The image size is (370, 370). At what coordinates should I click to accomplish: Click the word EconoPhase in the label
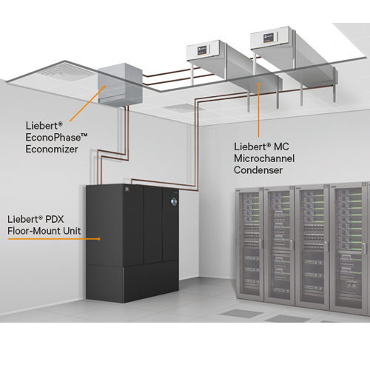[x=53, y=138]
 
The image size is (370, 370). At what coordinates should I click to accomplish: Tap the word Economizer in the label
[x=52, y=149]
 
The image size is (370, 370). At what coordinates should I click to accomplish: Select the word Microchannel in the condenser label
[x=264, y=158]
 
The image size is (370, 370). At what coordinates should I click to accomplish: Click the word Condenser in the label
[x=258, y=170]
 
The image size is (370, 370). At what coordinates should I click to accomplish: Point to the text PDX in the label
[x=55, y=219]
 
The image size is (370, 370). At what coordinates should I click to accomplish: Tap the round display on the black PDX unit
[x=174, y=201]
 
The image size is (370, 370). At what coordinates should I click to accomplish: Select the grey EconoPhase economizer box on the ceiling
[x=120, y=84]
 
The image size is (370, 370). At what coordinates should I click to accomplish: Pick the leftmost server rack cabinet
[x=249, y=243]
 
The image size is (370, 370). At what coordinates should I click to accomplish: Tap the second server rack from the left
[x=280, y=246]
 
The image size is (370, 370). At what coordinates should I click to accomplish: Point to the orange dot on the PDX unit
[x=99, y=239]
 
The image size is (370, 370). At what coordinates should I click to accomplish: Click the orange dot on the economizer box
[x=104, y=87]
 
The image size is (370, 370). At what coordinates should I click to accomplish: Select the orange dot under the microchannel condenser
[x=258, y=84]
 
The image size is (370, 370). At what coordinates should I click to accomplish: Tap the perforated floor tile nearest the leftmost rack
[x=241, y=313]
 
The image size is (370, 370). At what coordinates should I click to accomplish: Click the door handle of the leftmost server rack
[x=260, y=243]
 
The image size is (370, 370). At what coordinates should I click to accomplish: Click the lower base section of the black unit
[x=132, y=283]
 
